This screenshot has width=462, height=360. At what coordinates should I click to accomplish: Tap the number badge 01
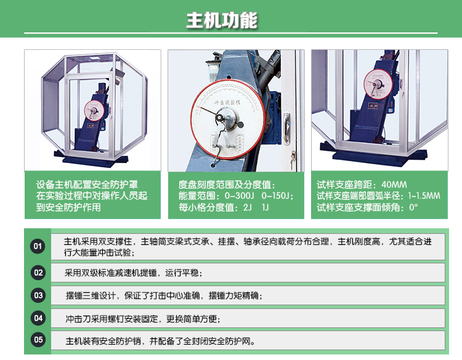point(39,247)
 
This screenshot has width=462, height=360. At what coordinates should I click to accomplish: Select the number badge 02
point(39,273)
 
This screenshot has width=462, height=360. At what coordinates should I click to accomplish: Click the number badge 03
point(39,296)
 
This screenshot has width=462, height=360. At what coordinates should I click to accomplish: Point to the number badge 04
point(39,319)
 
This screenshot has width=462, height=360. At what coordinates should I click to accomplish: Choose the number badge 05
point(39,340)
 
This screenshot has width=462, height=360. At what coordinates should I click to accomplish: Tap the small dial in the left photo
point(94,111)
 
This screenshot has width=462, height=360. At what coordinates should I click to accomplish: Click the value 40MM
point(394,185)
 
